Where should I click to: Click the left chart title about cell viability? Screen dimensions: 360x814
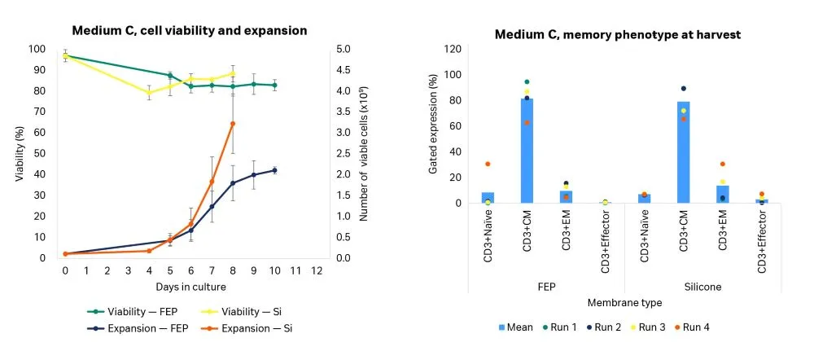click(189, 30)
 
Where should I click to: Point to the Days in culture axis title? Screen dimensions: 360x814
click(190, 287)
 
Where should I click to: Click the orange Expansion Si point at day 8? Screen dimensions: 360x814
click(233, 124)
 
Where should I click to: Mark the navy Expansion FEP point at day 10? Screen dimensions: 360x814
click(274, 170)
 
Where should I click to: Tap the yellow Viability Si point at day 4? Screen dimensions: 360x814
click(149, 93)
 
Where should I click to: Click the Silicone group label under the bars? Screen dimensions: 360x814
click(702, 288)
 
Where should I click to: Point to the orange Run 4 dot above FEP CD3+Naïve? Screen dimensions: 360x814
click(488, 164)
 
